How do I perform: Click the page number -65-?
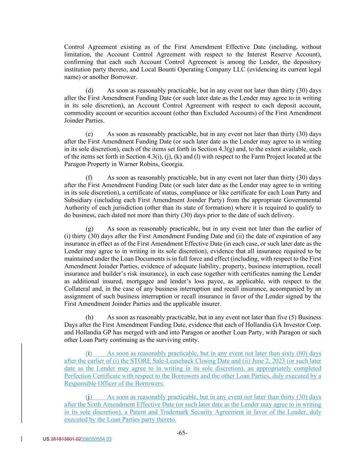point(182,433)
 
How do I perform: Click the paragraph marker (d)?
point(89,91)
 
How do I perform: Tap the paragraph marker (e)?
point(89,134)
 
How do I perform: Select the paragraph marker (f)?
point(89,178)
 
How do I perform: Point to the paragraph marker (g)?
point(89,229)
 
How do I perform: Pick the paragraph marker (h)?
point(89,317)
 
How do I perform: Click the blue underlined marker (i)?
point(89,353)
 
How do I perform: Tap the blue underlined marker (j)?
point(89,397)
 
